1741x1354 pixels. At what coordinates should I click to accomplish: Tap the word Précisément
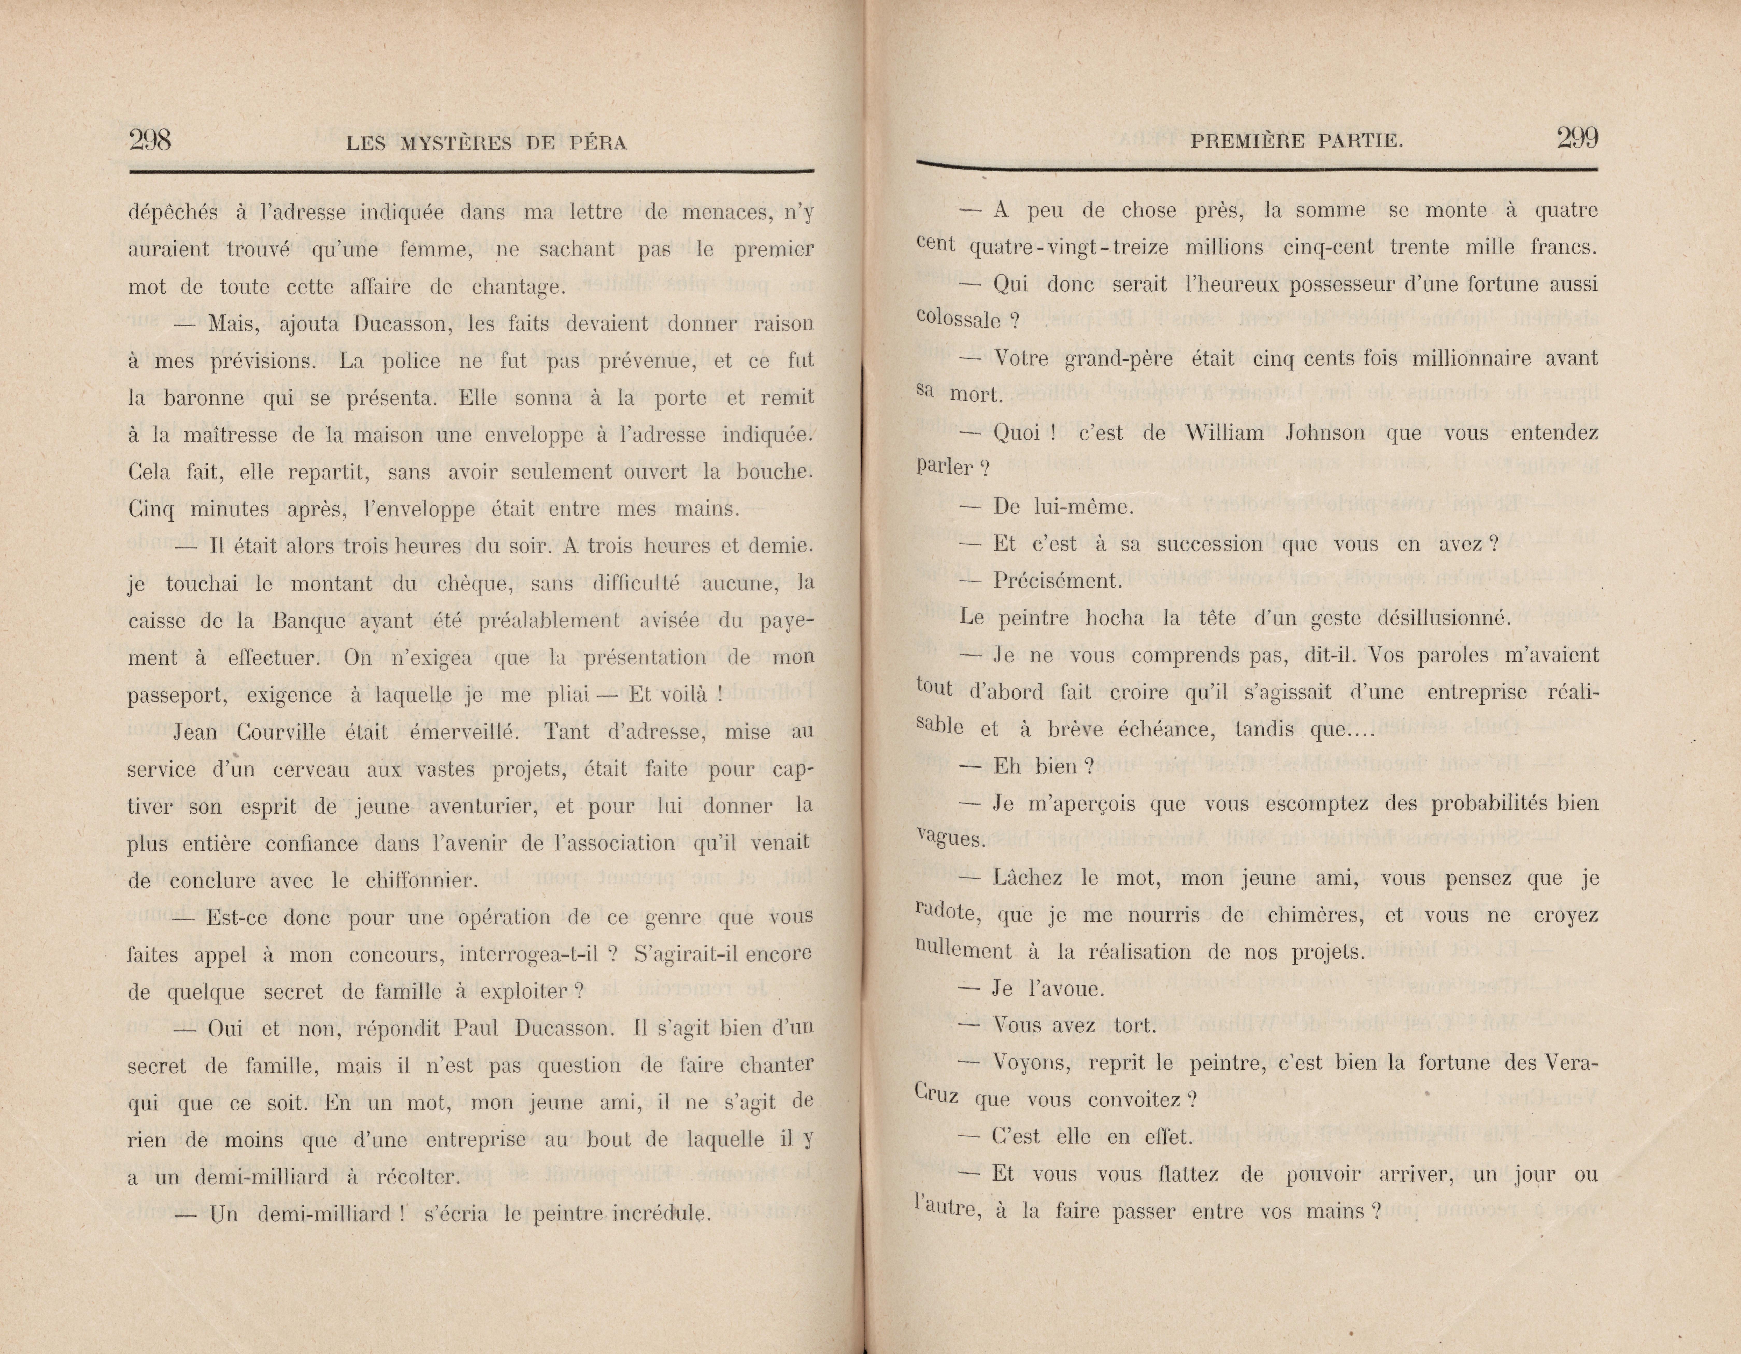pyautogui.click(x=1057, y=581)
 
